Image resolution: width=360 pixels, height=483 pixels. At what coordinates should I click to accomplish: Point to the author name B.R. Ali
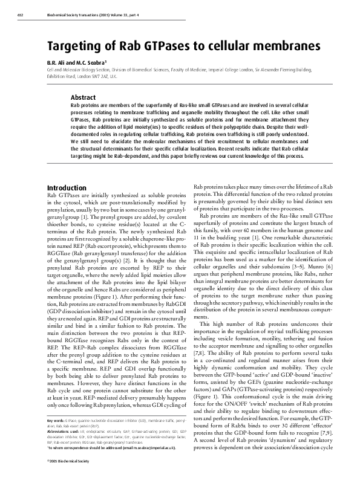58,62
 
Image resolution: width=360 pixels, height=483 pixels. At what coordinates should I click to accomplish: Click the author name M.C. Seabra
92,62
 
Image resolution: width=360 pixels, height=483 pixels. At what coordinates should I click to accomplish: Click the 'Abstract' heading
83,97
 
